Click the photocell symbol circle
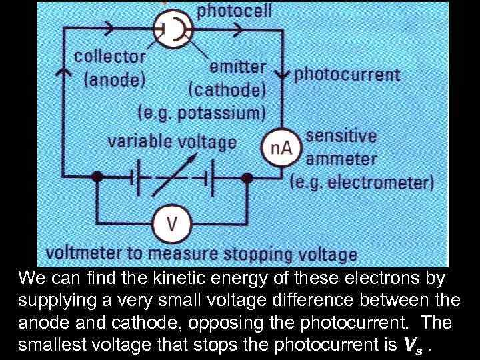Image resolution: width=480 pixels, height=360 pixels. click(x=173, y=29)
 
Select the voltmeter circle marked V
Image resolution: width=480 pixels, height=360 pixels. click(x=172, y=223)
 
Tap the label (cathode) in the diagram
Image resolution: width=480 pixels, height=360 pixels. click(x=227, y=89)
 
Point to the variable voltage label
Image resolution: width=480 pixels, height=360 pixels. click(x=173, y=141)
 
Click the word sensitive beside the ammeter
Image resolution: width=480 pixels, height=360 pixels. click(x=341, y=137)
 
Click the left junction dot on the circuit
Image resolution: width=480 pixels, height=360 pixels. click(x=98, y=177)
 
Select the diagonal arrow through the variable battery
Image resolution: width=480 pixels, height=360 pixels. click(x=173, y=176)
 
